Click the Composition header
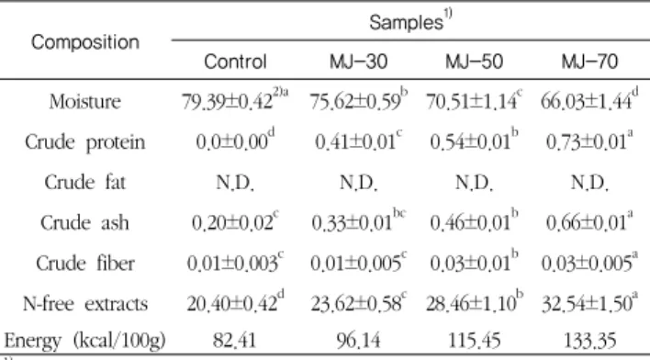[85, 42]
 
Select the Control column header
[235, 62]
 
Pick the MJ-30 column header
[359, 62]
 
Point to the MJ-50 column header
[475, 62]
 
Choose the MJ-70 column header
[589, 62]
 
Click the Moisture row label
[85, 102]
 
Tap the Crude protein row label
[85, 142]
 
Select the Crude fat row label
[85, 182]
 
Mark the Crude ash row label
[85, 223]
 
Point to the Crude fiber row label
[85, 263]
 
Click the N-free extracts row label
[85, 304]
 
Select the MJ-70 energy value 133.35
[589, 341]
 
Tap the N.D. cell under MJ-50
[475, 183]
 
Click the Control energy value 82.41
[235, 341]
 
